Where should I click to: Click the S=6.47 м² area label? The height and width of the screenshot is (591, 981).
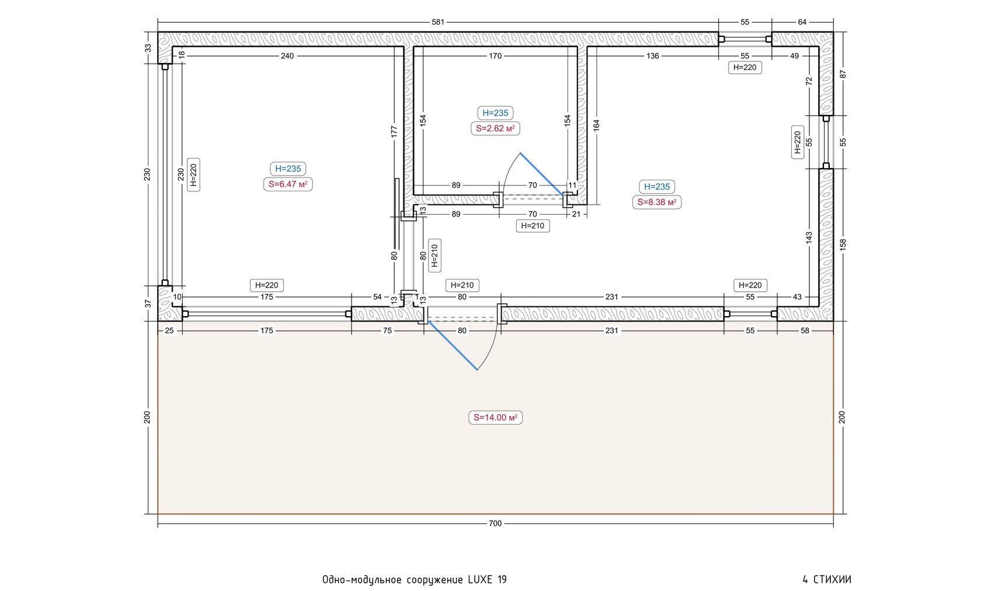coord(288,184)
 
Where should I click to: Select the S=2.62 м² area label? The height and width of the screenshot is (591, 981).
coord(495,128)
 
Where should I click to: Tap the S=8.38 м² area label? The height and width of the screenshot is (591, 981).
coord(656,202)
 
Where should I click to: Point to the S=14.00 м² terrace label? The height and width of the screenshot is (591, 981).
coord(495,417)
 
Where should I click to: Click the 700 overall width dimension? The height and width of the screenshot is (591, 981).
coord(495,523)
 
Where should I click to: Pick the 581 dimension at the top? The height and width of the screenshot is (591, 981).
coord(438,22)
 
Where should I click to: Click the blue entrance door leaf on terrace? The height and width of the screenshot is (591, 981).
coord(453,345)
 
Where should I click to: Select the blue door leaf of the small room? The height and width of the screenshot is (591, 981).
coord(542,174)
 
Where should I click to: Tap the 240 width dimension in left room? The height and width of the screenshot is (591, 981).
coord(287,55)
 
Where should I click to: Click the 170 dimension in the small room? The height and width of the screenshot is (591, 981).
coord(495,55)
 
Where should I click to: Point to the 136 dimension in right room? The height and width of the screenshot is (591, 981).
coord(653,55)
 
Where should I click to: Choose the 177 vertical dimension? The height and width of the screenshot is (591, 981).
coord(394,132)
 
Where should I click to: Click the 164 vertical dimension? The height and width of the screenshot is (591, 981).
coord(596,125)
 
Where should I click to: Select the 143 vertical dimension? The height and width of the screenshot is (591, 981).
coord(809,237)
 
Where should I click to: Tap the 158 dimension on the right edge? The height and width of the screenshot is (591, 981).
coord(843,244)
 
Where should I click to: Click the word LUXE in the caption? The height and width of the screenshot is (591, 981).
coord(481,580)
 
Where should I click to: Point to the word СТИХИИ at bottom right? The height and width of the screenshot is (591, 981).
coord(832,580)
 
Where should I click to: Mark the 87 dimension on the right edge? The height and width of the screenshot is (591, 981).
coord(843,74)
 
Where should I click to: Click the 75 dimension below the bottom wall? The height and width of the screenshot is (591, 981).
coord(388,331)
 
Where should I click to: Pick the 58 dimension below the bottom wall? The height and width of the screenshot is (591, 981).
coord(805,331)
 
